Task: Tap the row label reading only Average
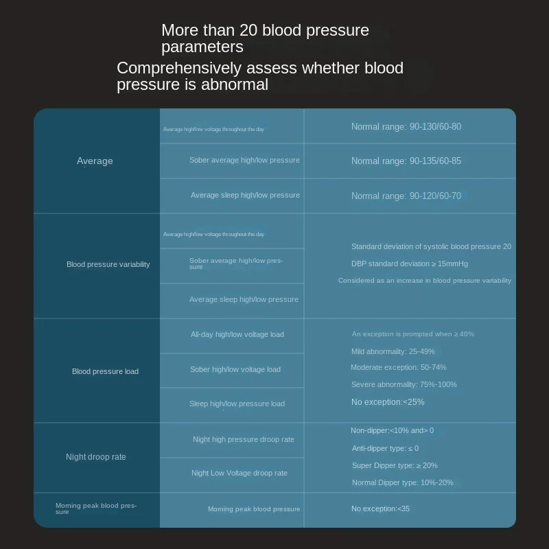(95, 161)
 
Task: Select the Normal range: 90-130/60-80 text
(406, 127)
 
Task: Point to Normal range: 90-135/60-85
(406, 161)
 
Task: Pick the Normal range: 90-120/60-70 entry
(406, 196)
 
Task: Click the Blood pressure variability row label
(108, 265)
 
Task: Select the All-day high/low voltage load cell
(237, 335)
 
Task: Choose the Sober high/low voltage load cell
(235, 370)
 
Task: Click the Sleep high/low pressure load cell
(237, 404)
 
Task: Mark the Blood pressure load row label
(105, 372)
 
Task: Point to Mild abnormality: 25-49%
(393, 352)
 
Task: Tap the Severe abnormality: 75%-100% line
(404, 385)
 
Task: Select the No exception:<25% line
(388, 402)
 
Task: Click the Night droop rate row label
(96, 457)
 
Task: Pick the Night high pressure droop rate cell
(243, 440)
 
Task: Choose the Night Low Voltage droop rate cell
(240, 474)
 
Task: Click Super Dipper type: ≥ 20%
(395, 466)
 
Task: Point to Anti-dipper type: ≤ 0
(385, 449)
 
